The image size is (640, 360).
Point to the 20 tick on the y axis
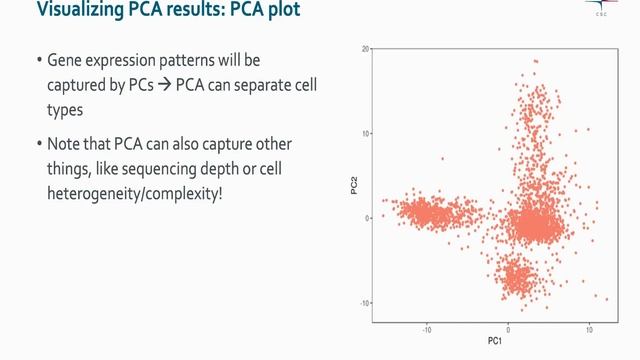tap(366, 48)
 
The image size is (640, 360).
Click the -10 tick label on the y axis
tap(366, 303)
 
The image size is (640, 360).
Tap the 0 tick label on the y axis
tap(368, 218)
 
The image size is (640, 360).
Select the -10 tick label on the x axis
tap(427, 328)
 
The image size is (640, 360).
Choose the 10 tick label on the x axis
tap(589, 328)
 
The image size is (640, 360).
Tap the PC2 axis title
tap(355, 183)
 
